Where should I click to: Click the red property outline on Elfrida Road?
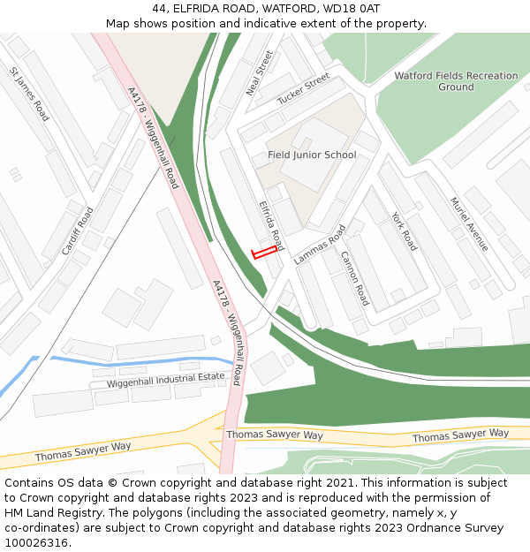click(261, 253)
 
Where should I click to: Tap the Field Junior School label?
click(312, 155)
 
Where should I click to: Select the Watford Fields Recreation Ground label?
click(456, 81)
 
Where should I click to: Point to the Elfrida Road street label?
click(271, 224)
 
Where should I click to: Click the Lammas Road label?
click(320, 245)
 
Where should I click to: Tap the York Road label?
click(404, 231)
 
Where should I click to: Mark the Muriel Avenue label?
click(469, 224)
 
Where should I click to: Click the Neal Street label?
click(261, 72)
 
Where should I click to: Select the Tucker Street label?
click(303, 88)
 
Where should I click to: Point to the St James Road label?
click(29, 93)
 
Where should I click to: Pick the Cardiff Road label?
click(78, 231)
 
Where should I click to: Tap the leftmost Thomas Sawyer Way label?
click(83, 452)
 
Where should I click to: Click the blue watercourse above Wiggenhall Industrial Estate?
click(132, 361)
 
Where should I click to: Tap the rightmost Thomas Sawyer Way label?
click(460, 435)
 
